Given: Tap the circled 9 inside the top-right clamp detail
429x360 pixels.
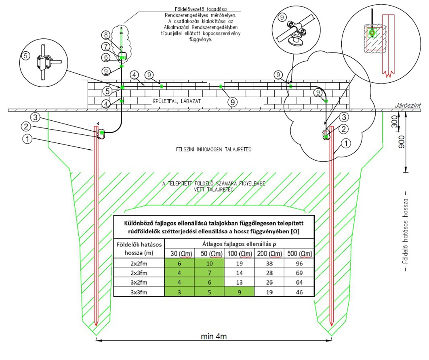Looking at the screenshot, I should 284,17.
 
